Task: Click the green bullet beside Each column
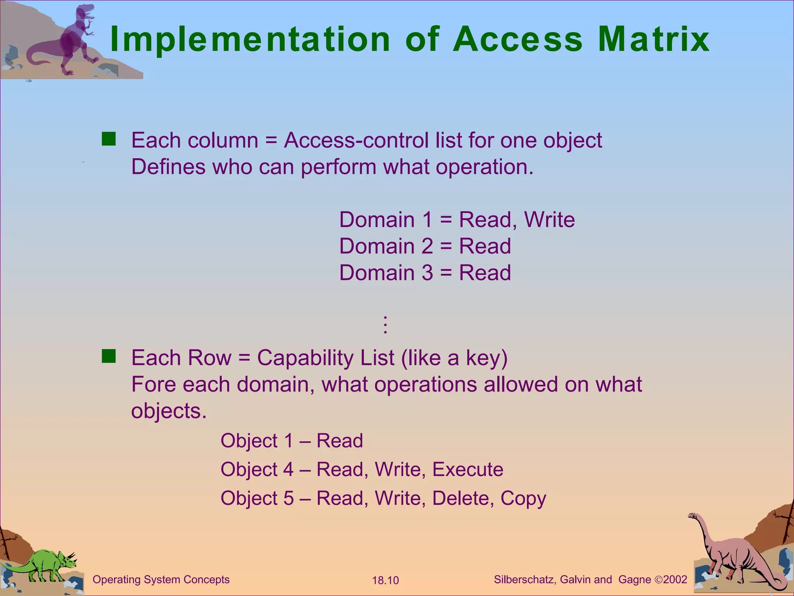[x=109, y=139]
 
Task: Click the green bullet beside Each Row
[x=109, y=356]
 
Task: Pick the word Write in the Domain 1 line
[x=549, y=220]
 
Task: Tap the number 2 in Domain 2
[x=426, y=246]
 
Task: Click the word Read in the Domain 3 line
[x=485, y=272]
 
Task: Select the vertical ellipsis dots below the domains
[x=385, y=325]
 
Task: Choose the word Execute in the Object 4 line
[x=468, y=469]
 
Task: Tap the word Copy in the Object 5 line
[x=523, y=498]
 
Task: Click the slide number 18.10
[x=385, y=580]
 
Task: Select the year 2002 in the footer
[x=675, y=579]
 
